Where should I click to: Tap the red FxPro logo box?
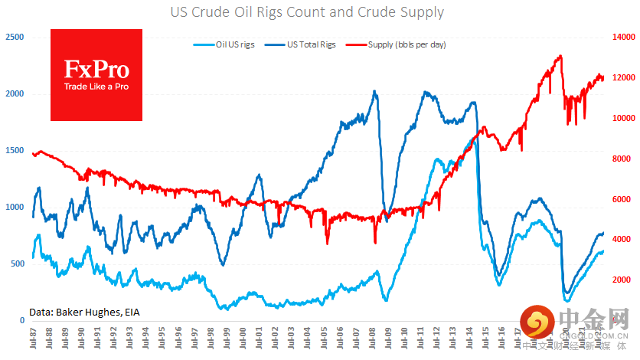click(96, 75)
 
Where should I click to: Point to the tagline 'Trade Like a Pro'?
click(96, 87)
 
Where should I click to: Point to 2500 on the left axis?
click(15, 37)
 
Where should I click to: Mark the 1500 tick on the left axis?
click(15, 150)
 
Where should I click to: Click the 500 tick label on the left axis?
click(17, 263)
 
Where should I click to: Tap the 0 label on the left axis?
click(22, 320)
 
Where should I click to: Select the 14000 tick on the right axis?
click(623, 37)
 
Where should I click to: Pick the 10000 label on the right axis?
click(623, 118)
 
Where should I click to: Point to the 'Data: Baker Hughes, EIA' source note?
click(84, 312)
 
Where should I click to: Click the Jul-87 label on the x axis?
click(33, 339)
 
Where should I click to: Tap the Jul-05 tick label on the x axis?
click(325, 339)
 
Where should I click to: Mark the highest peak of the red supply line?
click(560, 56)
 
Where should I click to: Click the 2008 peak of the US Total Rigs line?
click(374, 92)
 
